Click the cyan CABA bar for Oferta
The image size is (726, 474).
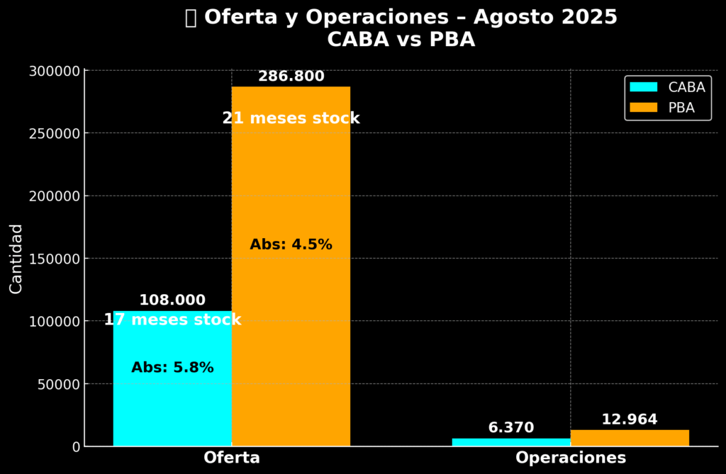172,404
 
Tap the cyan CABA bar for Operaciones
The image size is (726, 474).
510,442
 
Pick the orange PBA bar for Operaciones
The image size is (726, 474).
629,438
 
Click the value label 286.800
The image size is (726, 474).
291,77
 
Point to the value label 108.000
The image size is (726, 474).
172,300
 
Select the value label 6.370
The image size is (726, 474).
510,428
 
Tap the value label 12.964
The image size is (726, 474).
629,419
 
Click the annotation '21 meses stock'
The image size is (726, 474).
291,118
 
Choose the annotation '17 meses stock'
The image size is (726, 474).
172,320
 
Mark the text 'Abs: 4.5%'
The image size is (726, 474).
291,244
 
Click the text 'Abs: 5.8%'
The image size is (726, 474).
172,368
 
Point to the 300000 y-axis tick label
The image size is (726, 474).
55,71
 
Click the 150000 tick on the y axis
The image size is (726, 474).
55,259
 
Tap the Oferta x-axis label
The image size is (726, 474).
232,458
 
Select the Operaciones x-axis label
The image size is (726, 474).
571,458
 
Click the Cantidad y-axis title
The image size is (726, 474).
16,259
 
